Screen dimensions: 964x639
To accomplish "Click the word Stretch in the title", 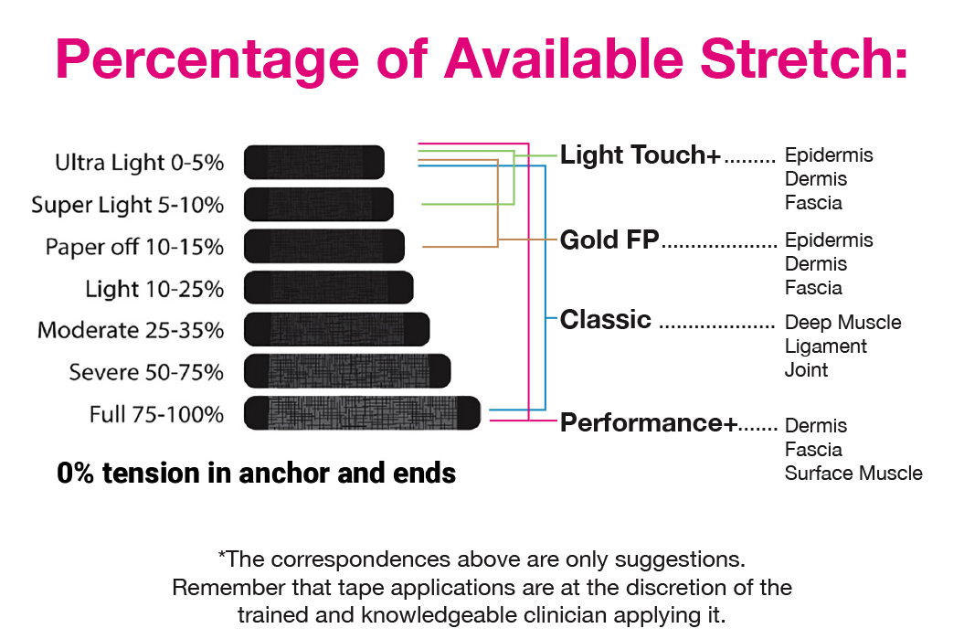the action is [803, 59].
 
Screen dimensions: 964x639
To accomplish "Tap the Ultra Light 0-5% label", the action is [140, 163].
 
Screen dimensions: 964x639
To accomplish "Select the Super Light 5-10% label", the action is [128, 206].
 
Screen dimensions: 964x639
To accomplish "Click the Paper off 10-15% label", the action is [134, 247].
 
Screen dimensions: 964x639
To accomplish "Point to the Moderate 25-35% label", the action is [131, 330].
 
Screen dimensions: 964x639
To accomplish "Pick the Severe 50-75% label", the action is [146, 372].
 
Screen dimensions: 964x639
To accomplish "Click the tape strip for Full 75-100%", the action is [362, 412].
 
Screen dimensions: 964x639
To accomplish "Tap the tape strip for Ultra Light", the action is [314, 163].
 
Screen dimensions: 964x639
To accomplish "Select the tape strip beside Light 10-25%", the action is [329, 288].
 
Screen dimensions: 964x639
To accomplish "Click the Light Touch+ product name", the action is [640, 155].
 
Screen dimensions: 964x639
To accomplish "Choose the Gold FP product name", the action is [609, 240].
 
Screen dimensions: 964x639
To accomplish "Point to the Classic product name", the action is [606, 320].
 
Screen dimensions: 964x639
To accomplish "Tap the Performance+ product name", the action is [649, 423].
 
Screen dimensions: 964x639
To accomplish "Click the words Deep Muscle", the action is [842, 323].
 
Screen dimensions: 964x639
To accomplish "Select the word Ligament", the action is [826, 346].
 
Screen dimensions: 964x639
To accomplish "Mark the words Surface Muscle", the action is [853, 473].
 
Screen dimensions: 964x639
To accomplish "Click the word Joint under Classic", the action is [806, 369].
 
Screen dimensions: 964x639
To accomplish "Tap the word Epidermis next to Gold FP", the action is [829, 240].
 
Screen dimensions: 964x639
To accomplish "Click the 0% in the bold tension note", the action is [75, 473].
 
